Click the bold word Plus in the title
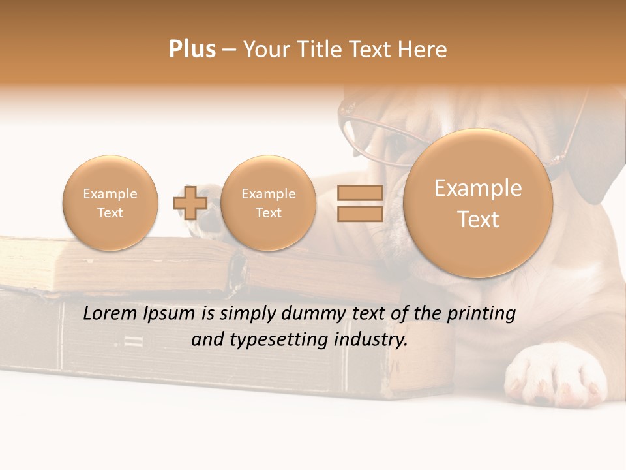[192, 50]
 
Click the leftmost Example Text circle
[110, 203]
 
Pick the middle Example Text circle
[268, 203]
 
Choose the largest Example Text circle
[478, 203]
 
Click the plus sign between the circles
[190, 202]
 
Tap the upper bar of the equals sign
[359, 193]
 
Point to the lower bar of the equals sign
[359, 213]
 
